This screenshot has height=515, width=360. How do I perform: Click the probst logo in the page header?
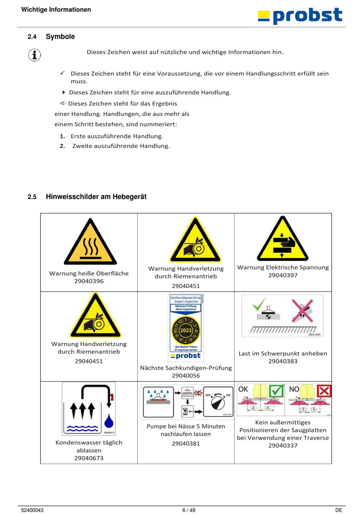pos(300,16)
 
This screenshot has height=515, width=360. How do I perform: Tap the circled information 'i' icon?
pos(34,55)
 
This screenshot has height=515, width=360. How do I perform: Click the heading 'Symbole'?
pos(60,37)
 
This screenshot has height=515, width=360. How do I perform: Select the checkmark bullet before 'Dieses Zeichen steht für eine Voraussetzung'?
pos(63,73)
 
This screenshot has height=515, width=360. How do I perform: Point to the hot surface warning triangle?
pos(90,243)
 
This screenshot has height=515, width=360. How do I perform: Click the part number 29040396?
pos(89,281)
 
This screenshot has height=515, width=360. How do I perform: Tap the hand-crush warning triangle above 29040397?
pos(282,240)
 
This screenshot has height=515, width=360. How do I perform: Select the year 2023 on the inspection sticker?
pos(186,330)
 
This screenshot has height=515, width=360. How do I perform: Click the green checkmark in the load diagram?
pos(259,304)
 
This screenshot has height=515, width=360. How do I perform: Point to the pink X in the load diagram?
pos(302,310)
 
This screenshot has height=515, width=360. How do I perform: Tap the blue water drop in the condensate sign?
pos(109,421)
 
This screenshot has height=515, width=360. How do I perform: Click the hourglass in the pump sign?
pos(185,411)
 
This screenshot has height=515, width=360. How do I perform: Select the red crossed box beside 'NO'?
pos(324,391)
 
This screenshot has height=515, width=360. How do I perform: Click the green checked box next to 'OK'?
pos(276,391)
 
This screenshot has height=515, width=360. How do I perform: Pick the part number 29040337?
pos(283,446)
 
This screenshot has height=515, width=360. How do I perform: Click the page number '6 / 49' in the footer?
pos(189,510)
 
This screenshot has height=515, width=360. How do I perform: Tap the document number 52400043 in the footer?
pos(32,510)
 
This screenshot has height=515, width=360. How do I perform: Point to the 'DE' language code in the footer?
pos(339,510)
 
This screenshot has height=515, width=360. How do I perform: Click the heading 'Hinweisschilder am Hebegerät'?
pos(96,197)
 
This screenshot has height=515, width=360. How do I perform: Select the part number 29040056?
pos(186,376)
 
